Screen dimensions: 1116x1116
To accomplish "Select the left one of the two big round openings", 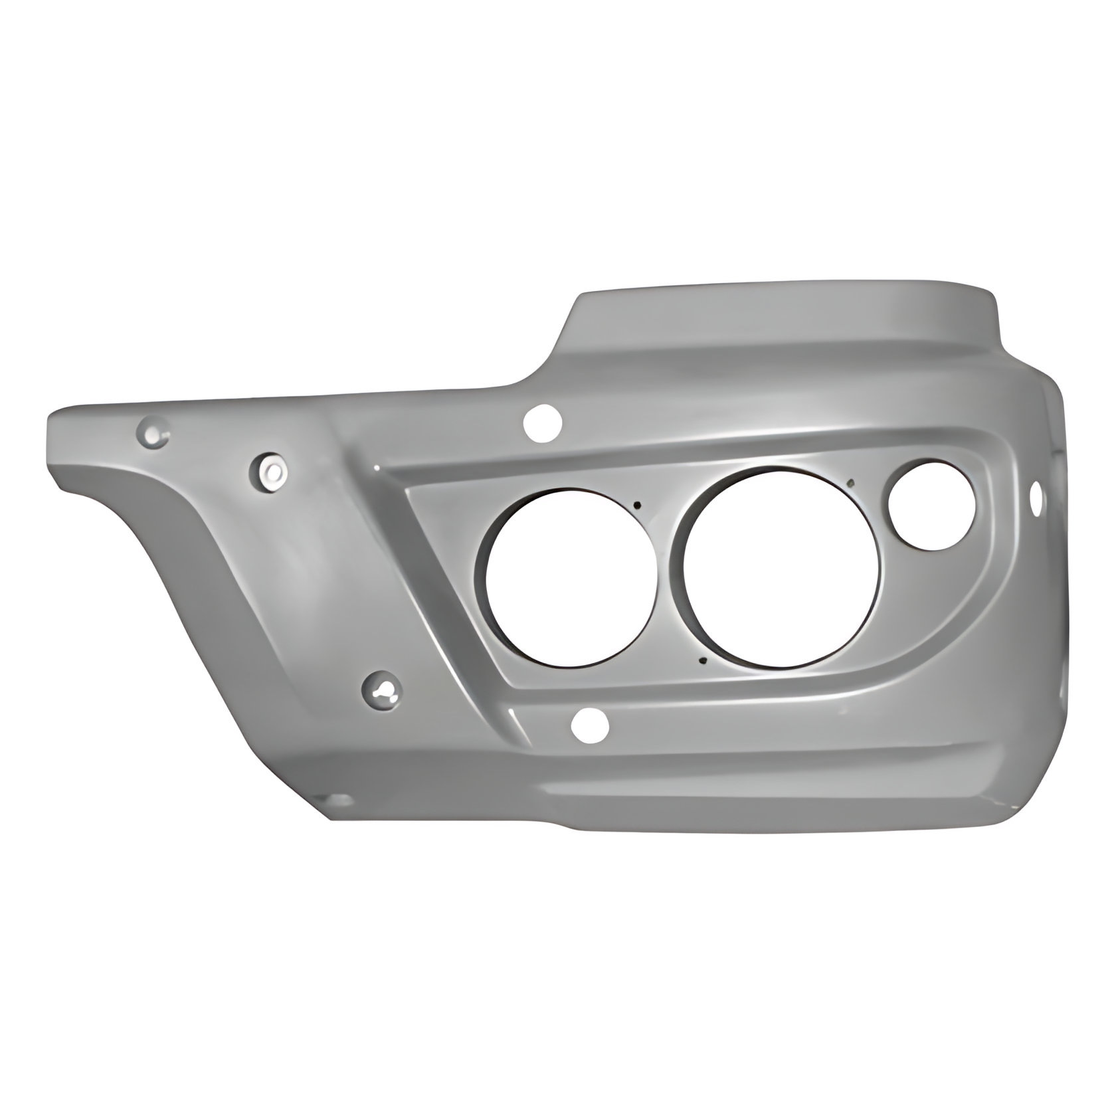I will [x=571, y=577].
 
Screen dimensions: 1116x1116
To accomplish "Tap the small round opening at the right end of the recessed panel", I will [x=933, y=506].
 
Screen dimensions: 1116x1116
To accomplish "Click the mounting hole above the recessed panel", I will [x=543, y=422].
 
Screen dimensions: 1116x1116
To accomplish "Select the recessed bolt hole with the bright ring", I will [x=269, y=471].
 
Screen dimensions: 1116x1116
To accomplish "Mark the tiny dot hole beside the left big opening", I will [x=637, y=505].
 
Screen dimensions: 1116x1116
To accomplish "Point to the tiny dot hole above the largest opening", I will [x=851, y=483].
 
